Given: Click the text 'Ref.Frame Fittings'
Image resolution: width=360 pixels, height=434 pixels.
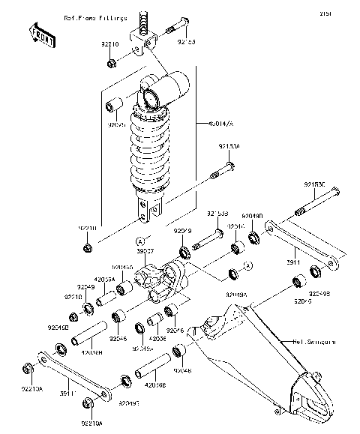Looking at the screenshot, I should [95, 17].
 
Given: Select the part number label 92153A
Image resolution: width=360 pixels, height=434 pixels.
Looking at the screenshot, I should [229, 147].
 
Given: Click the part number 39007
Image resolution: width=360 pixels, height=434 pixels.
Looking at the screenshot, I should [144, 252].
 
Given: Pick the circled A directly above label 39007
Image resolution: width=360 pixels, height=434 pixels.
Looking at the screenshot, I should [140, 241].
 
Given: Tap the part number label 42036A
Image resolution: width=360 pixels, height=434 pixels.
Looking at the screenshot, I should [104, 279].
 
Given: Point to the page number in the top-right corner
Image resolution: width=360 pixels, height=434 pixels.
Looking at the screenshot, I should [346, 13].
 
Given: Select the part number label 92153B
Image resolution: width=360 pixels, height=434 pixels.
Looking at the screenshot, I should [217, 213].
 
